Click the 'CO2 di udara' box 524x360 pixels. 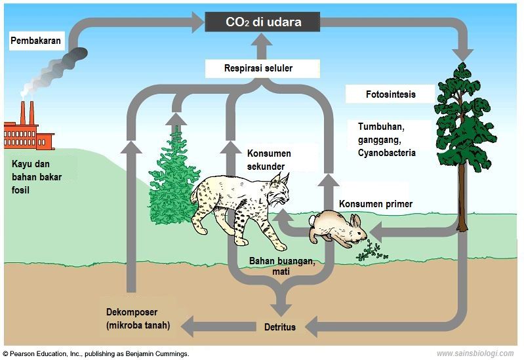(x=262, y=22)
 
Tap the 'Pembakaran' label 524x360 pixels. (x=36, y=41)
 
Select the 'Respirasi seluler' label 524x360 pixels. (x=258, y=68)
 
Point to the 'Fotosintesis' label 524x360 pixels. (x=391, y=94)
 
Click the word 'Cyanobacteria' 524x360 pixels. (x=387, y=153)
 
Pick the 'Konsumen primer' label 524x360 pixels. (x=376, y=204)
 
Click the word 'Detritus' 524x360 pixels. (x=280, y=327)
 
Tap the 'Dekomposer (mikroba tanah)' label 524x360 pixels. (x=138, y=319)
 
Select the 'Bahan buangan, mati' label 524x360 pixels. (x=282, y=266)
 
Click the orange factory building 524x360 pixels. (x=29, y=132)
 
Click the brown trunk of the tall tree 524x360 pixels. (x=462, y=197)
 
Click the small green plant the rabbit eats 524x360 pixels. (x=371, y=251)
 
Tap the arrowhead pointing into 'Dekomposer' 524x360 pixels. (x=187, y=327)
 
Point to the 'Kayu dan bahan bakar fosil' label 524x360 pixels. (x=37, y=177)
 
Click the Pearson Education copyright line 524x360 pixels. (x=96, y=353)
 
